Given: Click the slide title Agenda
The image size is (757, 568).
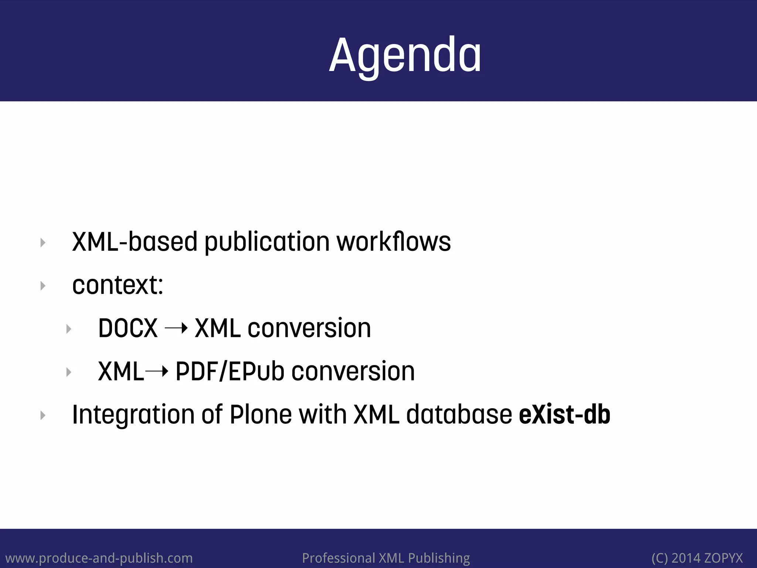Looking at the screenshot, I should pyautogui.click(x=405, y=55).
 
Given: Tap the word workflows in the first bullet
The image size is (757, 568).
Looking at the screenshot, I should pyautogui.click(x=393, y=242).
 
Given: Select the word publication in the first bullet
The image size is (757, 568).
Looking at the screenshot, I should pyautogui.click(x=267, y=242).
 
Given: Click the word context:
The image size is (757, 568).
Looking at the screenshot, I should pyautogui.click(x=118, y=285).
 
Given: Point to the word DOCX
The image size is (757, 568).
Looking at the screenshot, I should pyautogui.click(x=128, y=328).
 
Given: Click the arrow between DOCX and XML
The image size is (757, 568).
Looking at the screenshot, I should pyautogui.click(x=176, y=328).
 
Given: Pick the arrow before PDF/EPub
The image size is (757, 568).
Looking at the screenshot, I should pyautogui.click(x=157, y=371).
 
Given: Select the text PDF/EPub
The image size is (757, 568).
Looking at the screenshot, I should pyautogui.click(x=230, y=371).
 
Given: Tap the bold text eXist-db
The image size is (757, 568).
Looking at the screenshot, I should pyautogui.click(x=564, y=415).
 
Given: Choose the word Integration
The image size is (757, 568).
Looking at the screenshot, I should pyautogui.click(x=133, y=415).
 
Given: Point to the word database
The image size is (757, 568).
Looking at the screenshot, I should pyautogui.click(x=459, y=415).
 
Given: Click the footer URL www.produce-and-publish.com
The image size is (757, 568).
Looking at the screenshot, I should pyautogui.click(x=99, y=558).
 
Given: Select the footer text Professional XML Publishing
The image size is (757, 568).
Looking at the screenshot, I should pyautogui.click(x=386, y=558).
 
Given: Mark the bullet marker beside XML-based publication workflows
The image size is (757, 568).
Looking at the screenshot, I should pyautogui.click(x=43, y=243).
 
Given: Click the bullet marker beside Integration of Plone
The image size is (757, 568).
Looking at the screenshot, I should pyautogui.click(x=43, y=416).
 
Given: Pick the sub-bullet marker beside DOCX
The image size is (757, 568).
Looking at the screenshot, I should pyautogui.click(x=69, y=329).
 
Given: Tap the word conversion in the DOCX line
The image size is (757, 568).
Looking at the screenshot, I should pyautogui.click(x=309, y=328).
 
